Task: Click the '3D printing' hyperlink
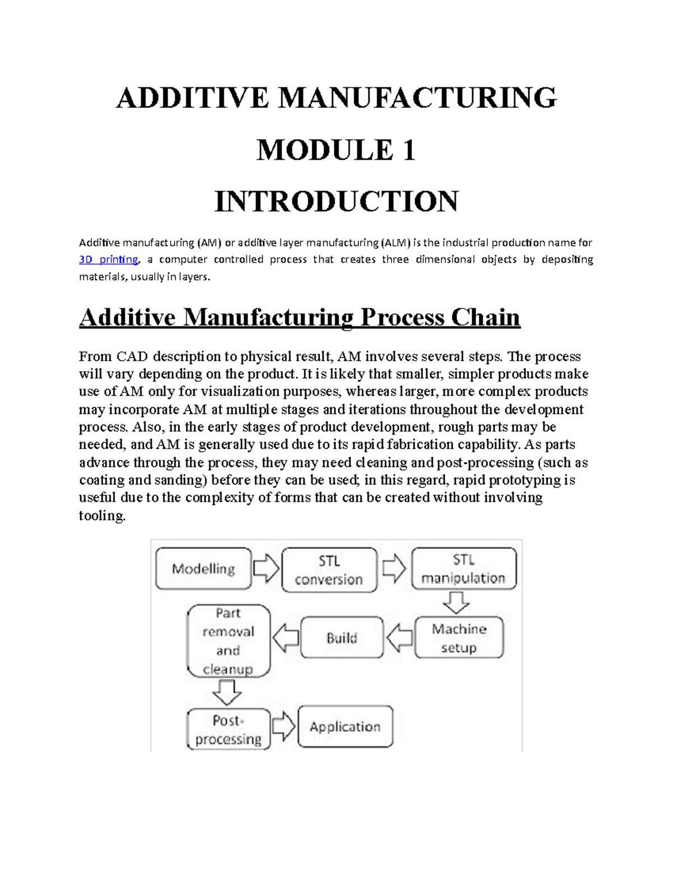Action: click(108, 260)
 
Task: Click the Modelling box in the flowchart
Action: click(203, 569)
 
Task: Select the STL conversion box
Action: click(329, 570)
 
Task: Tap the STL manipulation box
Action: click(463, 568)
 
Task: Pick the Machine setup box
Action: click(459, 638)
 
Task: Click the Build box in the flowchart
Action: click(342, 638)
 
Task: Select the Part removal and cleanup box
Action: click(228, 640)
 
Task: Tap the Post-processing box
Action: click(228, 729)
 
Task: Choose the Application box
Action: click(345, 727)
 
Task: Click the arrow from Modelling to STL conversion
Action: click(266, 569)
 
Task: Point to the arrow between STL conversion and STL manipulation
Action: click(394, 569)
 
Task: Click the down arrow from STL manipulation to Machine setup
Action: click(456, 603)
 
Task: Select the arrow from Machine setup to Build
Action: click(400, 638)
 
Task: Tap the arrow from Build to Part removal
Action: click(285, 638)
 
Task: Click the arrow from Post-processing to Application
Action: click(284, 727)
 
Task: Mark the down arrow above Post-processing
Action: click(227, 692)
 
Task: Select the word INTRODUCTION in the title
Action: click(336, 201)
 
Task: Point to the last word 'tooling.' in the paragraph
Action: click(102, 515)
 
